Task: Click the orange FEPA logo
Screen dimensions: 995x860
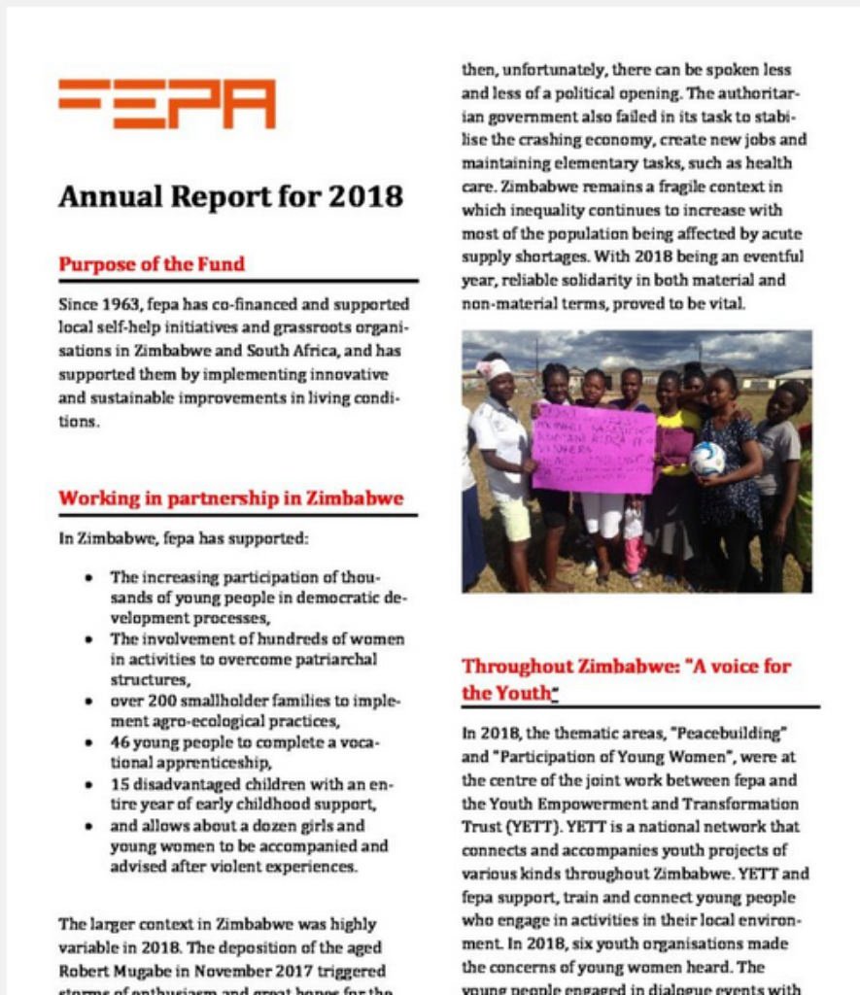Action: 166,103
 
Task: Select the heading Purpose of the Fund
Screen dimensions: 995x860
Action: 152,263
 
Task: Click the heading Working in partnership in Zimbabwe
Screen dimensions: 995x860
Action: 230,498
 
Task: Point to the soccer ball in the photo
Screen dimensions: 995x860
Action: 707,459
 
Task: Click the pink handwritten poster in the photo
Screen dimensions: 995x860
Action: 593,448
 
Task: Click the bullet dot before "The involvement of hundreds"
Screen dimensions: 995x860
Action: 89,639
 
